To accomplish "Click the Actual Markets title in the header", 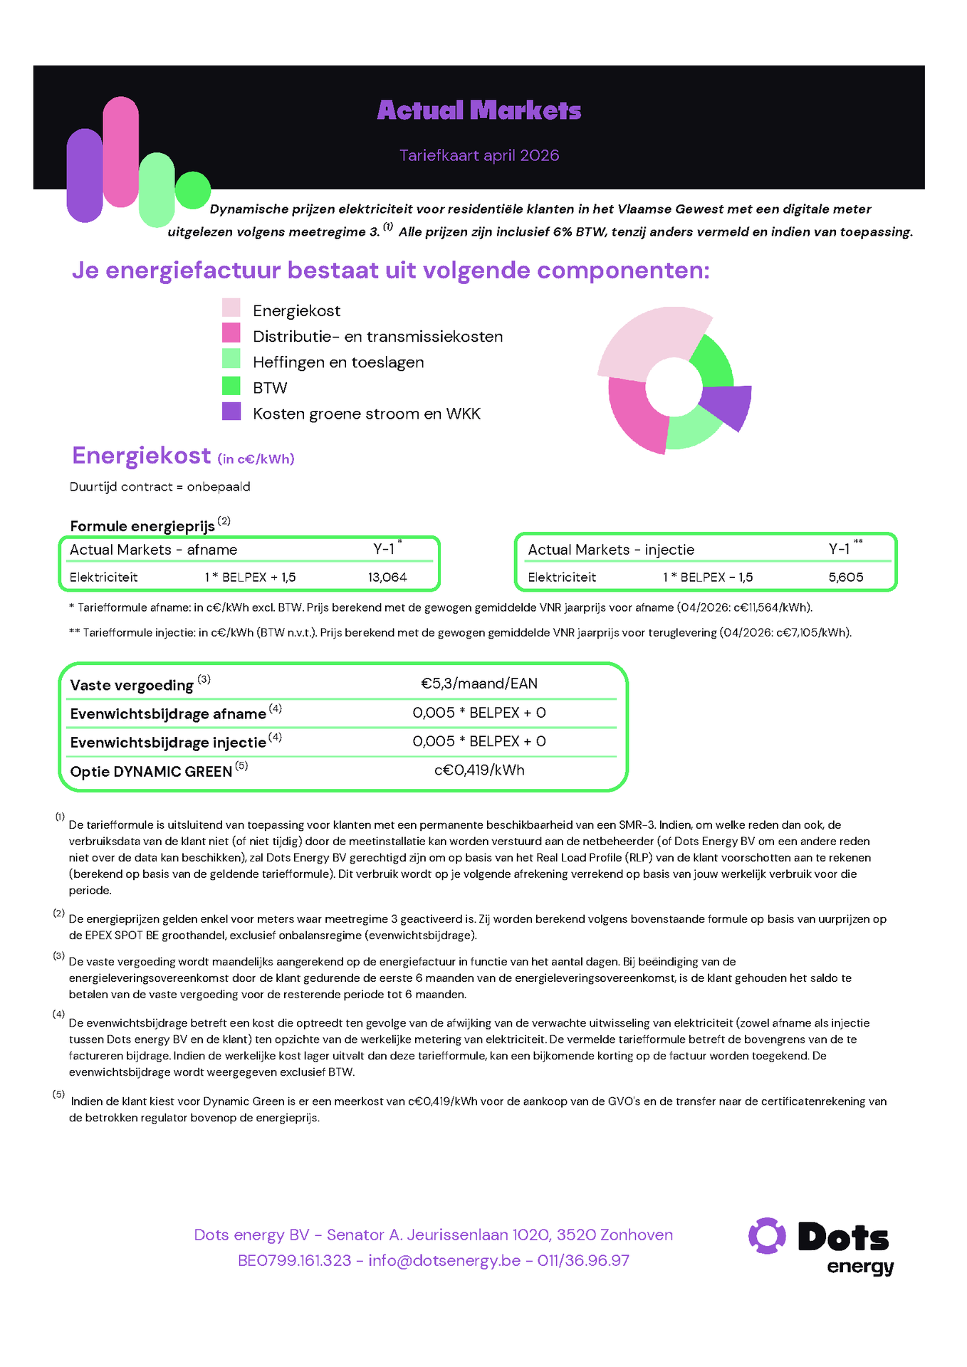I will point(479,110).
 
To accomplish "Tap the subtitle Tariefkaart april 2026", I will point(479,155).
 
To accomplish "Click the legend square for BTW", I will point(231,386).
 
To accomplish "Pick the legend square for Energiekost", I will point(231,308).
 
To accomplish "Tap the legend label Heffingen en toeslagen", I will point(338,362).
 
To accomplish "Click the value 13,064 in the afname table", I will point(387,577).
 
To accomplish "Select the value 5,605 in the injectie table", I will point(846,577).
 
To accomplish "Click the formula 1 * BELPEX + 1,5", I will point(250,577).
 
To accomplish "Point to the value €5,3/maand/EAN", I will point(479,683).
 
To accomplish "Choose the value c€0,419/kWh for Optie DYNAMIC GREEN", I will point(479,770).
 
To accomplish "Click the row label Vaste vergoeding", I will point(132,685).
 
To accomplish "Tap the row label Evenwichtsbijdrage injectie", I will point(168,743).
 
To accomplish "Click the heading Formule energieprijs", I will point(142,526).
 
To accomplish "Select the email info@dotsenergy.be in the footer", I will point(444,1260).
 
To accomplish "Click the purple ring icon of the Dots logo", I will point(767,1236).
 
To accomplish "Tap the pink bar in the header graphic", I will point(120,152).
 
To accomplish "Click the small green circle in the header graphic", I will point(192,191).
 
